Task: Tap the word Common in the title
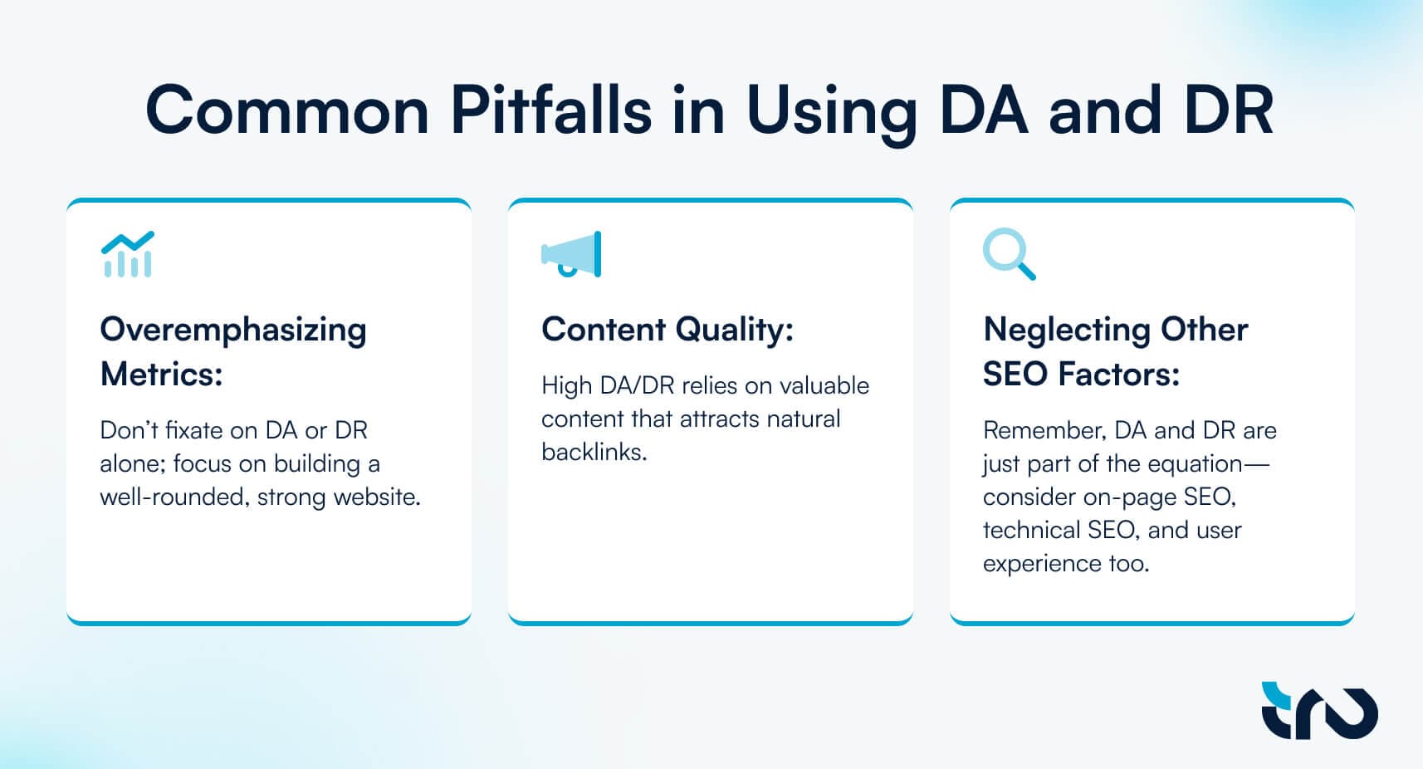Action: click(x=287, y=110)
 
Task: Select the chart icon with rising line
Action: click(x=128, y=254)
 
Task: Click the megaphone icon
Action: click(x=571, y=254)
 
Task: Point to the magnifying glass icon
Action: click(x=1009, y=253)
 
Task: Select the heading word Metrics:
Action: click(x=161, y=374)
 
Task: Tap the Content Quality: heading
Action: click(x=667, y=331)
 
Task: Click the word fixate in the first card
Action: click(x=193, y=430)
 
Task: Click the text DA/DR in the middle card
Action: click(x=637, y=386)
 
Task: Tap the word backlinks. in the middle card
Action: click(x=594, y=452)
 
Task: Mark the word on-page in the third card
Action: click(x=1129, y=497)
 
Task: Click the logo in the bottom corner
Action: click(x=1319, y=711)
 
